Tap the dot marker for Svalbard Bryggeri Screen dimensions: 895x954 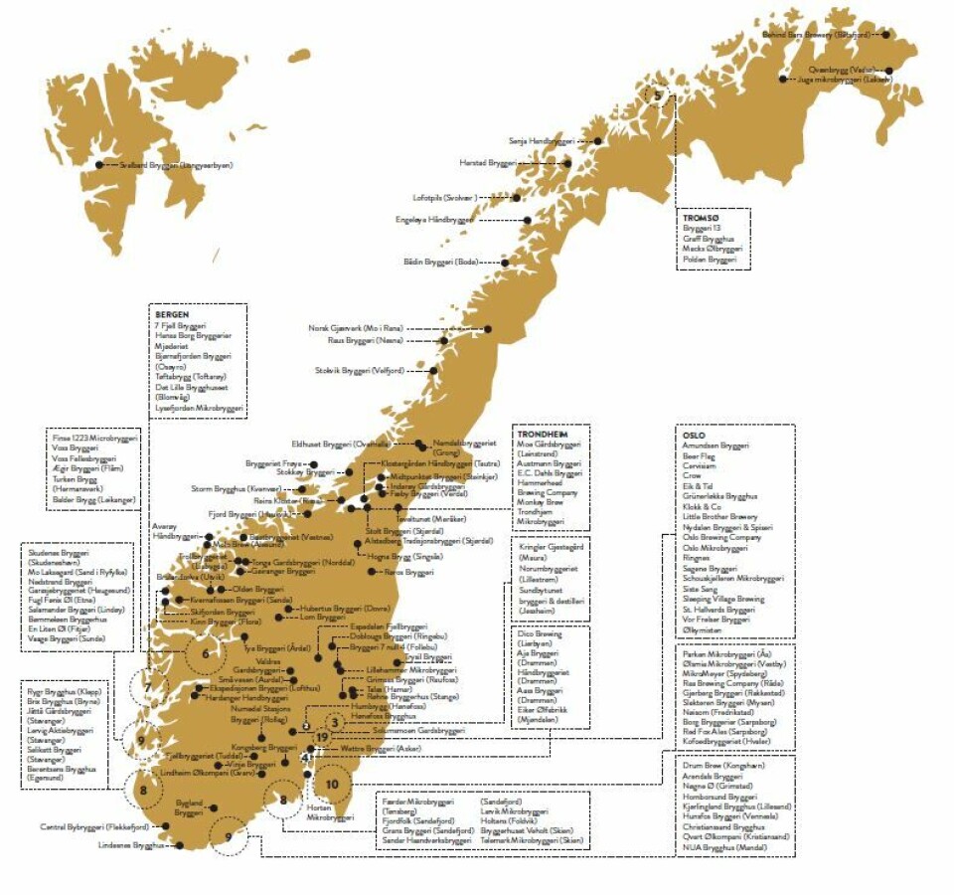click(x=99, y=165)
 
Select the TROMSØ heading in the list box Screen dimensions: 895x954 click(x=700, y=215)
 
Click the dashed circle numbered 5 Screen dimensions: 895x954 click(x=656, y=95)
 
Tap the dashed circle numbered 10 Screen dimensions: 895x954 click(x=332, y=782)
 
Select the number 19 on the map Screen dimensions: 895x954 click(x=323, y=736)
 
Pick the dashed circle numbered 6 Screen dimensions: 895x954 click(x=206, y=653)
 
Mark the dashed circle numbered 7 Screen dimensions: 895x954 click(x=148, y=686)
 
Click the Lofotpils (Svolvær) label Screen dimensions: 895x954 click(x=445, y=197)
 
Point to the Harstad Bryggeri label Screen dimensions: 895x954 click(x=488, y=163)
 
